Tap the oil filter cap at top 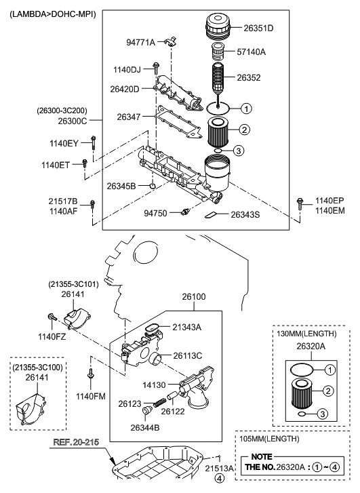(x=218, y=28)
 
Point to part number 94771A (x=141, y=42)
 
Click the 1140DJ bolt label (x=127, y=69)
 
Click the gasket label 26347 (x=128, y=117)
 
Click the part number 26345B (x=121, y=185)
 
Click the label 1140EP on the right (x=329, y=201)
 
